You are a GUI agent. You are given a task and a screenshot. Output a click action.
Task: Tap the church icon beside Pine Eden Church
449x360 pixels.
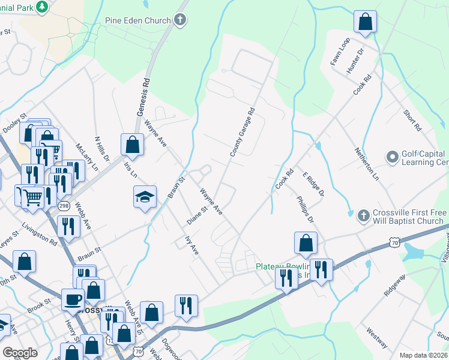179,20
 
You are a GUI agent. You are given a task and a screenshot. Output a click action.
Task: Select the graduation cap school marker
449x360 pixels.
145,197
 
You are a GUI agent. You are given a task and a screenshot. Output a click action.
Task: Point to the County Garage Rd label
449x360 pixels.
243,133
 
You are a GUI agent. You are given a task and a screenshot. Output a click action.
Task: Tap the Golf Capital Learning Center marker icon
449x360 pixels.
393,157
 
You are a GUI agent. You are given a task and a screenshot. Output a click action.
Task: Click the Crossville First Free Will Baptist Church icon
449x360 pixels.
363,215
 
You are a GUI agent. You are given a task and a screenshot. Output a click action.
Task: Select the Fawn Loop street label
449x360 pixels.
340,52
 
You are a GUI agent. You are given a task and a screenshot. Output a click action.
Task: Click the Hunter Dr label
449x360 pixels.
355,61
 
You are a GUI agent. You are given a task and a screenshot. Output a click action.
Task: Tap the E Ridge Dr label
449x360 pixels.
313,184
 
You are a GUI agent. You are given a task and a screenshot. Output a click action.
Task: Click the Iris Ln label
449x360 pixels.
129,170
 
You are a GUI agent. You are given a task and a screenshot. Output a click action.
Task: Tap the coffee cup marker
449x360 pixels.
73,299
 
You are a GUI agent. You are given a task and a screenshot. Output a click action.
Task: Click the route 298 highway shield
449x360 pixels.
64,206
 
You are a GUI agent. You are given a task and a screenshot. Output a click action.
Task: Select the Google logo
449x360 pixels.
20,353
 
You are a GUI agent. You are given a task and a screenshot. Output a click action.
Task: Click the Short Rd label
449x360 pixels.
412,121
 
